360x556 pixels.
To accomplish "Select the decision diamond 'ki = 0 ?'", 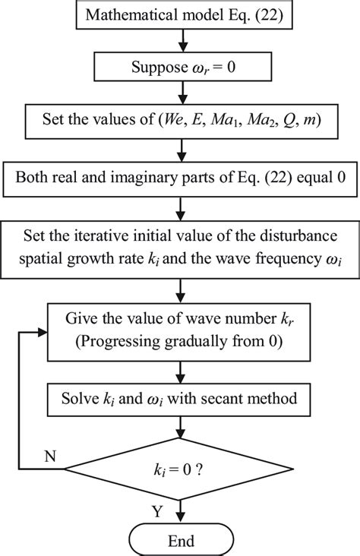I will tap(179, 459).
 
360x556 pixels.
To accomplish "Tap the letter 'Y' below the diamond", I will tap(156, 512).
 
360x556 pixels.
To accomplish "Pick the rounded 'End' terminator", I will tap(179, 540).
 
